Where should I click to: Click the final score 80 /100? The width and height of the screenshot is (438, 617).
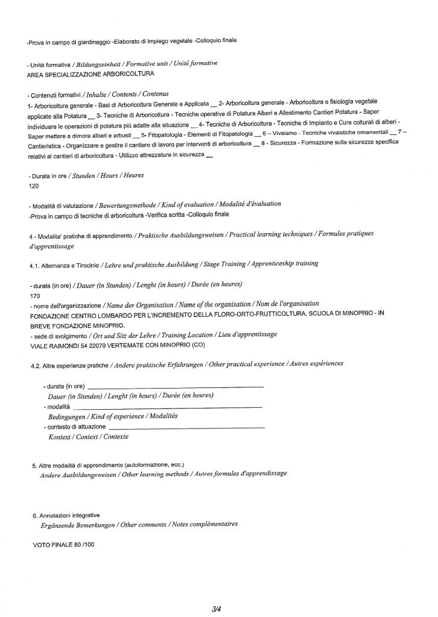(x=81, y=545)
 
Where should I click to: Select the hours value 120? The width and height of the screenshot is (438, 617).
(x=34, y=186)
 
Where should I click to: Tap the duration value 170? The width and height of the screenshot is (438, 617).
(x=34, y=296)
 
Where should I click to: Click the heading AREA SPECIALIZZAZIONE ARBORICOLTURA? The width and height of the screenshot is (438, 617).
(x=90, y=74)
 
